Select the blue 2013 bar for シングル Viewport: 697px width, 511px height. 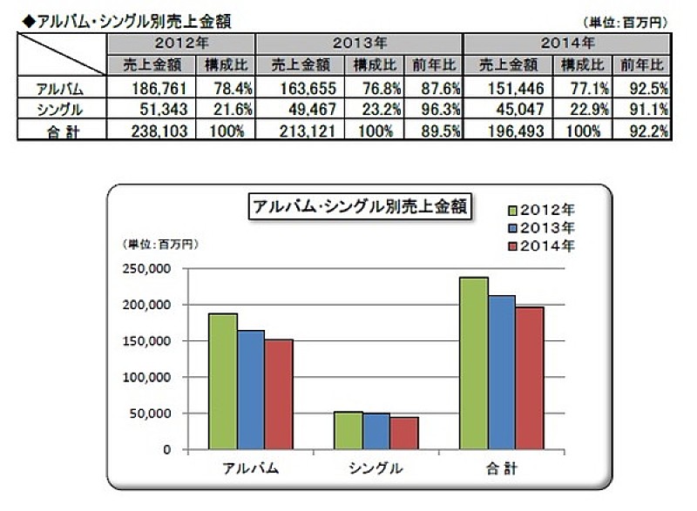pos(376,431)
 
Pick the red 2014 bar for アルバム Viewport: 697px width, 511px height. pos(279,394)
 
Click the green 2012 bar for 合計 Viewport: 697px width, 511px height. pos(473,363)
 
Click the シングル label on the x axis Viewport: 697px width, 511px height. pos(376,468)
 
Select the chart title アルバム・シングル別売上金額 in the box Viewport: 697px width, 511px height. pos(358,207)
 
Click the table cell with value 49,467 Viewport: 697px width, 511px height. pos(299,109)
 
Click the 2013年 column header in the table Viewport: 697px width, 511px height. pos(359,43)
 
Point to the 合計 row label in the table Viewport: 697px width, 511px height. pos(60,130)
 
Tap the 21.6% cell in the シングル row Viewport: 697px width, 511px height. pos(227,109)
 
